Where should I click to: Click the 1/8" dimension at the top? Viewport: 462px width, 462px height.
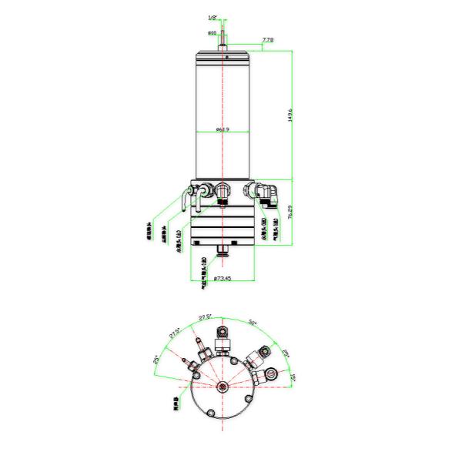click(212, 17)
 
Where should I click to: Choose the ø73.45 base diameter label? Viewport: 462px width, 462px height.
click(222, 278)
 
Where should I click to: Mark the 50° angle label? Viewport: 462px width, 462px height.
click(253, 322)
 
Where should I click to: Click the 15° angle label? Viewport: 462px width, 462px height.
click(293, 378)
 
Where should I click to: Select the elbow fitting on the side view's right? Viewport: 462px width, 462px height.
click(264, 193)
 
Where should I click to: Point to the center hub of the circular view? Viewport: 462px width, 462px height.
click(223, 387)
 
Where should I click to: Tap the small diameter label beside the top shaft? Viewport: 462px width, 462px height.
click(212, 33)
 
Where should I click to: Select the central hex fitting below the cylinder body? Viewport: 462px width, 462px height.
click(223, 190)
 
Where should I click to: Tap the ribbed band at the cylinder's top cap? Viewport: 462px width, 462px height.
click(223, 59)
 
